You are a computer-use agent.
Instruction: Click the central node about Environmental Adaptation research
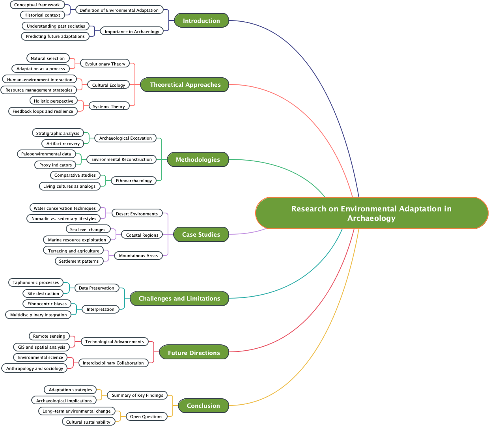(371, 213)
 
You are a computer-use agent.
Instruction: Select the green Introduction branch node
(201, 21)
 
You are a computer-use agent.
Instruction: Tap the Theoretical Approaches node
(185, 84)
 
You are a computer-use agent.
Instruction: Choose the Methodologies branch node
(198, 159)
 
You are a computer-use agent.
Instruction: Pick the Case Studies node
(201, 234)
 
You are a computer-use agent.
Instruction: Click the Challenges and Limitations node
(179, 298)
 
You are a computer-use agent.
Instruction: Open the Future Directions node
(194, 353)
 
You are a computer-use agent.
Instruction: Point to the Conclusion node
(203, 405)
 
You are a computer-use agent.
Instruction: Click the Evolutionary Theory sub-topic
(105, 64)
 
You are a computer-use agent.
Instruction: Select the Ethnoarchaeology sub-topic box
(134, 181)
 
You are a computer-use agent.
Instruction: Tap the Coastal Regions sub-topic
(142, 235)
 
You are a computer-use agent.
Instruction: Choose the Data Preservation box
(96, 288)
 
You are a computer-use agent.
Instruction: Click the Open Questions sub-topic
(146, 417)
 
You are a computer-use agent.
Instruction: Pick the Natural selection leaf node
(47, 58)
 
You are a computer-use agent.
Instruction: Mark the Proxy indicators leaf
(55, 165)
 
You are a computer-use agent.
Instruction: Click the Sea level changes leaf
(88, 229)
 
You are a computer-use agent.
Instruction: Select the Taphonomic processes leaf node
(35, 282)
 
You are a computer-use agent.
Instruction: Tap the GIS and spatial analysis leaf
(41, 347)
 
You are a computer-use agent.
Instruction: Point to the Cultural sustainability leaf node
(88, 422)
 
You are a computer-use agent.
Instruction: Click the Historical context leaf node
(42, 15)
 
